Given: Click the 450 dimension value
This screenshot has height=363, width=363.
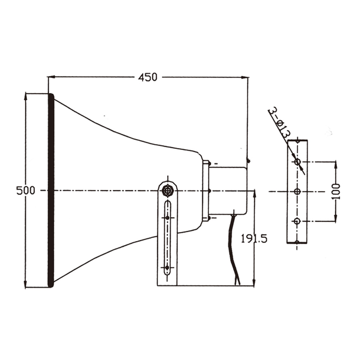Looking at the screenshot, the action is click(148, 77).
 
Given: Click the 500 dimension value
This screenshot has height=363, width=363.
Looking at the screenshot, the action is click(26, 191).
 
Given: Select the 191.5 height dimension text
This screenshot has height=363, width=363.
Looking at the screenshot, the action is click(254, 239).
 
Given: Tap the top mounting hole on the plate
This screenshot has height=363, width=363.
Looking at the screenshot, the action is click(298, 162).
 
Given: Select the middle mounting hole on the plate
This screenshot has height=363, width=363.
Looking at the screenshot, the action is click(297, 191).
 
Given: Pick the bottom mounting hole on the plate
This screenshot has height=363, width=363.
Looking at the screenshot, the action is click(297, 221).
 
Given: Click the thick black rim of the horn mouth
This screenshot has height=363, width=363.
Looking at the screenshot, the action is click(51, 190).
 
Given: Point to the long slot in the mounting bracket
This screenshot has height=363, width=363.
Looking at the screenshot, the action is click(167, 238).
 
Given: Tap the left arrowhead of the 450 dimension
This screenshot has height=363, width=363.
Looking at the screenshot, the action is click(51, 77).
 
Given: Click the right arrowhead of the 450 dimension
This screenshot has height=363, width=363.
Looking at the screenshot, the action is click(245, 77).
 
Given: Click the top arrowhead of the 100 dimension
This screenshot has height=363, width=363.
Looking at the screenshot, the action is click(336, 165).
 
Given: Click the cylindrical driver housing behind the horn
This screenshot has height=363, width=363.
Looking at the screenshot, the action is click(228, 191).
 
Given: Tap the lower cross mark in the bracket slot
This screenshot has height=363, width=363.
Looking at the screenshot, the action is click(167, 268).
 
